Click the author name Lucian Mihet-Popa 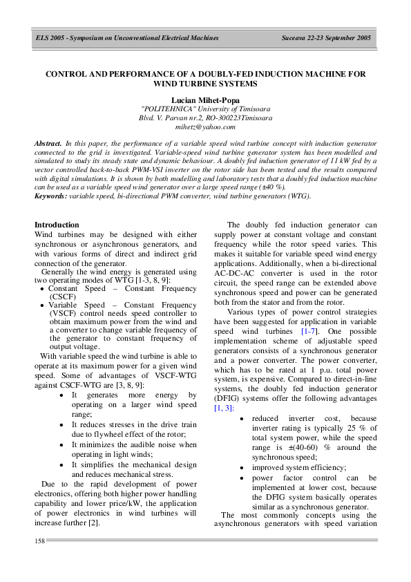tap(205, 100)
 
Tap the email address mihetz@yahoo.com tap(205, 127)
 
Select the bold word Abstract tap(48, 142)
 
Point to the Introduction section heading tap(57, 225)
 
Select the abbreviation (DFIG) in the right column tap(228, 400)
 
